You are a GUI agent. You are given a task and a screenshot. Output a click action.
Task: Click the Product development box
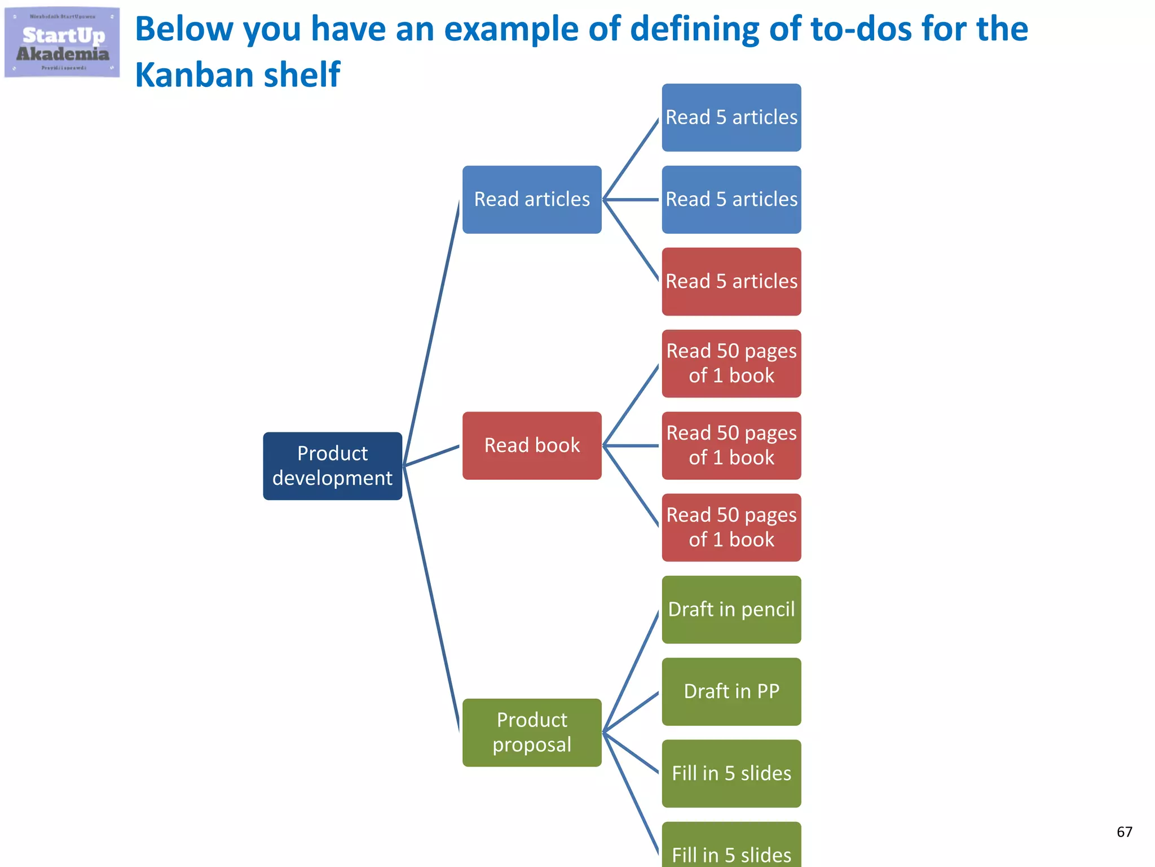pyautogui.click(x=332, y=466)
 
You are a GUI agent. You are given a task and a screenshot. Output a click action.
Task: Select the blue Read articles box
pyautogui.click(x=532, y=199)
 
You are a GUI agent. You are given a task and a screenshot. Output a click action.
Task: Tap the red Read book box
pyautogui.click(x=532, y=445)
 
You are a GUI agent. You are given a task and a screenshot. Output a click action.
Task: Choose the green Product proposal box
pyautogui.click(x=532, y=732)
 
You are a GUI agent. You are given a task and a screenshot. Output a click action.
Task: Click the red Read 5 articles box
pyautogui.click(x=731, y=281)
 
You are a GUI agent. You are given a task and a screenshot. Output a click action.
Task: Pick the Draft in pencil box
pyautogui.click(x=731, y=609)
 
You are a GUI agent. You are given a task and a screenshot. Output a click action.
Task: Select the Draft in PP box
pyautogui.click(x=731, y=691)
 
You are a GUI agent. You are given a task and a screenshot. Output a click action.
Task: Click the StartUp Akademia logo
pyautogui.click(x=62, y=43)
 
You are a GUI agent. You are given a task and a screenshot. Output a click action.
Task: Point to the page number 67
pyautogui.click(x=1124, y=831)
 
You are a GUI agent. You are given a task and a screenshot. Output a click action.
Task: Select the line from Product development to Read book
pyautogui.click(x=432, y=456)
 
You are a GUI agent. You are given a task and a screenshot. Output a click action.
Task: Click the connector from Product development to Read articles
pyautogui.click(x=432, y=333)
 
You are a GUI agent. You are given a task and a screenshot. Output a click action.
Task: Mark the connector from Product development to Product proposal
pyautogui.click(x=432, y=598)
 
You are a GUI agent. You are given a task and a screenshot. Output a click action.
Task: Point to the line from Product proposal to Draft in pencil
pyautogui.click(x=631, y=672)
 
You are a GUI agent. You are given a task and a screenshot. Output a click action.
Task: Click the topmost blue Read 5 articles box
pyautogui.click(x=731, y=117)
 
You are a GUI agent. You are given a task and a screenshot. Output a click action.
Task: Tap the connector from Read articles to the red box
pyautogui.click(x=631, y=240)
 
